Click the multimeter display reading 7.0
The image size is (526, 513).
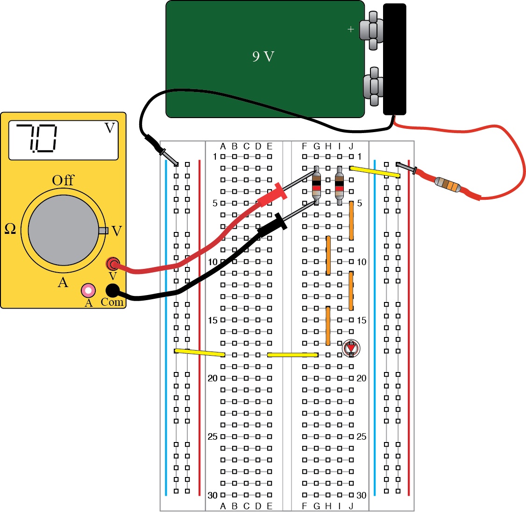click(x=63, y=140)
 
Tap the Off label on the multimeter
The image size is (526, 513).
click(x=63, y=180)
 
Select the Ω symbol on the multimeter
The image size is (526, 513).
click(x=10, y=229)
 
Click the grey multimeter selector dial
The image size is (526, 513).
click(x=63, y=230)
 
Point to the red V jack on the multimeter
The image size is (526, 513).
click(x=113, y=264)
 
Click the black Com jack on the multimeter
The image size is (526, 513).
click(x=113, y=290)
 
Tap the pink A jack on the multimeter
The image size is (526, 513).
click(x=88, y=290)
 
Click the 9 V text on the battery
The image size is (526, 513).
click(x=263, y=56)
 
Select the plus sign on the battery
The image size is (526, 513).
click(x=351, y=29)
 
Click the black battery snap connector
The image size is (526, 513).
click(x=394, y=59)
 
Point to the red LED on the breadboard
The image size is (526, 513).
click(x=351, y=348)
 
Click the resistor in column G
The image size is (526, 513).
click(x=316, y=185)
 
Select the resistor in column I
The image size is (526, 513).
click(x=340, y=185)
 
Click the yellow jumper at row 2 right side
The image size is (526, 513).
click(x=375, y=172)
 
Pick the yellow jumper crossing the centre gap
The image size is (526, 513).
click(x=292, y=355)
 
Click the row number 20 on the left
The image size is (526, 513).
click(x=213, y=378)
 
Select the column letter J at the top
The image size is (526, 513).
click(x=351, y=147)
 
